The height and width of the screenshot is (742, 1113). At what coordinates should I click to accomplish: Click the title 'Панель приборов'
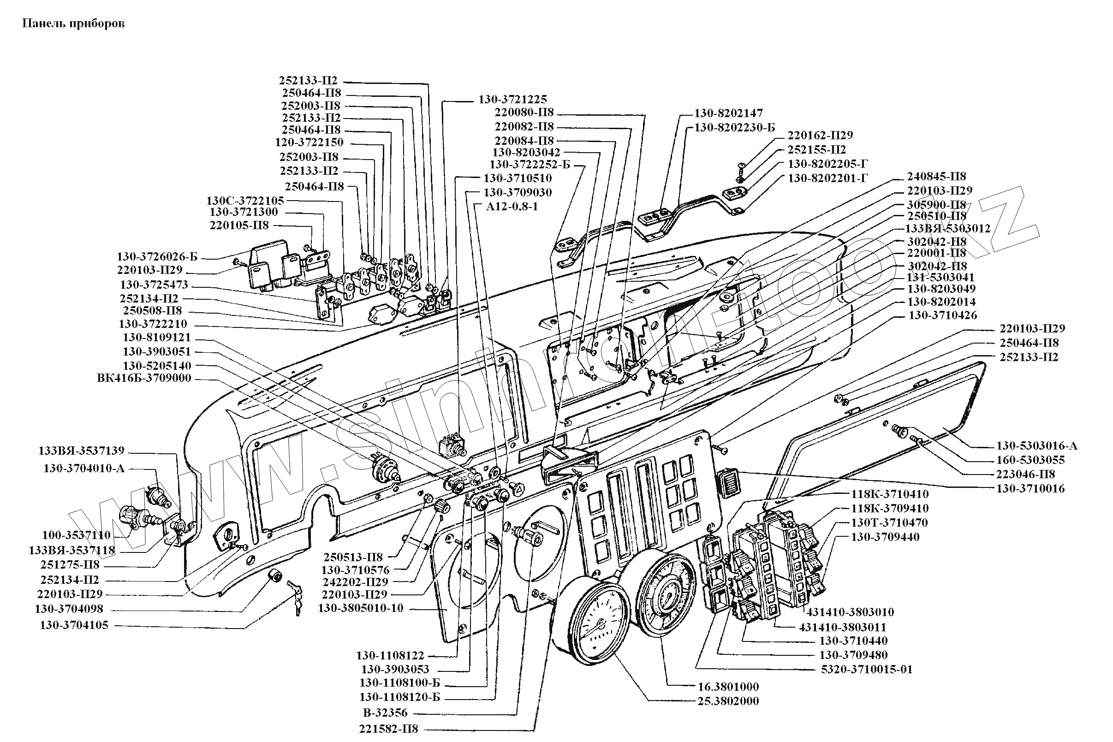tap(73, 24)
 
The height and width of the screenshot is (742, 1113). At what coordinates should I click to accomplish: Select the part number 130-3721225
tap(512, 99)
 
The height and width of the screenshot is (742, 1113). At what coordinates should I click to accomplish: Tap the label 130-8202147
tap(728, 113)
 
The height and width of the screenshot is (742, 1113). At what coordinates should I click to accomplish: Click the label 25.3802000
tap(728, 701)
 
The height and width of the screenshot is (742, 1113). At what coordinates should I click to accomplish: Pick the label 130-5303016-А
tap(1036, 446)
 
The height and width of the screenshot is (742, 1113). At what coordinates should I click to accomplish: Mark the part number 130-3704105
tap(74, 625)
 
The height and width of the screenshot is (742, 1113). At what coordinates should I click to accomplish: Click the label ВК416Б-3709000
tap(144, 378)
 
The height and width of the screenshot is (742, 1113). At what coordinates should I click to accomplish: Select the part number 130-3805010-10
tap(361, 608)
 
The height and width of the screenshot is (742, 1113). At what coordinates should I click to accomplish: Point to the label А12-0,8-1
tap(512, 207)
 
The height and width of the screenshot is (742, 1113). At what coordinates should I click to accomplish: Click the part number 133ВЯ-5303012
tap(948, 229)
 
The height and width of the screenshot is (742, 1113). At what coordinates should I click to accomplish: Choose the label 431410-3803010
tap(850, 612)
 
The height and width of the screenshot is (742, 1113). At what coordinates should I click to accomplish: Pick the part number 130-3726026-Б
tap(157, 257)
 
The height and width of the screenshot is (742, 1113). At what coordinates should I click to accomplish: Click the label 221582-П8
tap(388, 728)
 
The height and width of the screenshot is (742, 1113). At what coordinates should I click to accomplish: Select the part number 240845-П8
tap(936, 177)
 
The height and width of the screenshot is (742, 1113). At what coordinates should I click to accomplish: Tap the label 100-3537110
tap(76, 535)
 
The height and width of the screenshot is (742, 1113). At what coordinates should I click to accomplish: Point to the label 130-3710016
tap(1030, 488)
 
